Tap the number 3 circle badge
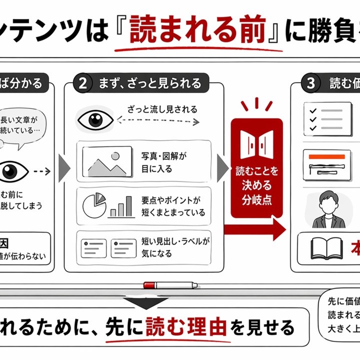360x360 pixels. [310, 83]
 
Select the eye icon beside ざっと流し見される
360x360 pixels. [95, 119]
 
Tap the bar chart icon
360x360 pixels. [121, 206]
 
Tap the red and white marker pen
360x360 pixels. [170, 285]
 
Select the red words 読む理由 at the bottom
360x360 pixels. [186, 327]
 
